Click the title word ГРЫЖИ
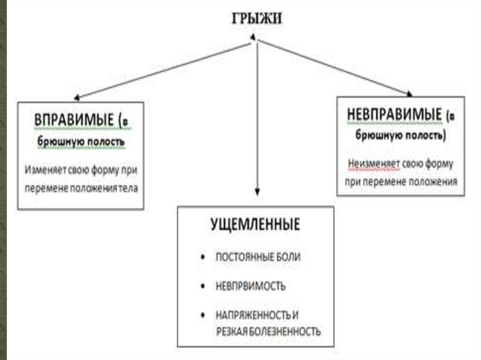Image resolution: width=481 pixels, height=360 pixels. pyautogui.click(x=256, y=18)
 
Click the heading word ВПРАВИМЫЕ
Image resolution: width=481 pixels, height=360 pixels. pyautogui.click(x=74, y=120)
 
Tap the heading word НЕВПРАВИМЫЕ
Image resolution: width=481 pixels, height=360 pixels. pyautogui.click(x=395, y=115)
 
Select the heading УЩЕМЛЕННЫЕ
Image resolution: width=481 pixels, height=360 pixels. pyautogui.click(x=255, y=224)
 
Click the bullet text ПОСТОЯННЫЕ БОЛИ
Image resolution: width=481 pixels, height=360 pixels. pyautogui.click(x=258, y=257)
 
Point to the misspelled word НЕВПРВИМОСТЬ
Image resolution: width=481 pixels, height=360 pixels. pyautogui.click(x=251, y=286)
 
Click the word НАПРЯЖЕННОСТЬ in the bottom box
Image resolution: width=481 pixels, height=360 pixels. pyautogui.click(x=252, y=315)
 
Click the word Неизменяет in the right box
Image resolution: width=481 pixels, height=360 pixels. pyautogui.click(x=373, y=164)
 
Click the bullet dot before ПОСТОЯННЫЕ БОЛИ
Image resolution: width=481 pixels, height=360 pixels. pyautogui.click(x=202, y=257)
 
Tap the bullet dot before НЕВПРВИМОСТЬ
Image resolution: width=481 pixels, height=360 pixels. pyautogui.click(x=202, y=286)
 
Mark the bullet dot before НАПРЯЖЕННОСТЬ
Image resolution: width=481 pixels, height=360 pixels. pyautogui.click(x=202, y=315)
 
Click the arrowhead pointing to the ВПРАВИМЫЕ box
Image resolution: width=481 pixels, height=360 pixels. pyautogui.click(x=77, y=98)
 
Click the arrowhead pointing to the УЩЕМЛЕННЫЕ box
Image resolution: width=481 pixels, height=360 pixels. pyautogui.click(x=257, y=191)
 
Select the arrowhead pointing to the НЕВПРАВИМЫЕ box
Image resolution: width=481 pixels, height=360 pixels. pyautogui.click(x=409, y=94)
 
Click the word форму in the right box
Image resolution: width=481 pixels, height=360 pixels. pyautogui.click(x=438, y=164)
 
